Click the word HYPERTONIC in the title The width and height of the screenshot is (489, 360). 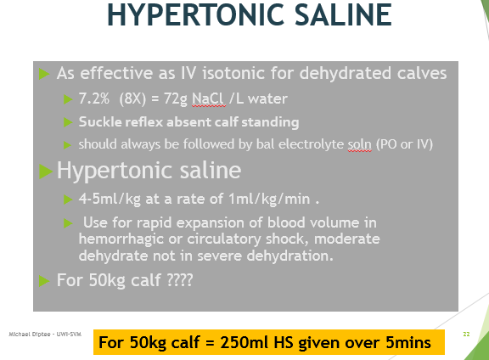[x=195, y=14]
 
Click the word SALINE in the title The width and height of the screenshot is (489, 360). [x=343, y=14]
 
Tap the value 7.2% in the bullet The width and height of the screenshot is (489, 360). [x=94, y=98]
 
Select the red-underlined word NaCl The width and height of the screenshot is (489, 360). [x=209, y=98]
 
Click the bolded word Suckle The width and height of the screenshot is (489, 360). [x=99, y=121]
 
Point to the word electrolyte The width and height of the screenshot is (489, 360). [x=311, y=144]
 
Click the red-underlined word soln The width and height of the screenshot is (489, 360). [x=360, y=144]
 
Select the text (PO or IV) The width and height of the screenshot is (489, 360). [x=404, y=144]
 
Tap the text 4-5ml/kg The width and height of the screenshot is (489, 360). [x=110, y=199]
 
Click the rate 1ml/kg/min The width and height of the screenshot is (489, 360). [x=269, y=199]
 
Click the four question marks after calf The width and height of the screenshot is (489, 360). [x=180, y=279]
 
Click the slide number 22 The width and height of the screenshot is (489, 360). [x=466, y=335]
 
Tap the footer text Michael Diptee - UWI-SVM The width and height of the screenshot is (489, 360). [x=45, y=335]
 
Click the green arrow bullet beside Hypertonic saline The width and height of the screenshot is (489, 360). [x=46, y=172]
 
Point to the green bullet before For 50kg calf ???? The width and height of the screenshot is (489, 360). [x=44, y=280]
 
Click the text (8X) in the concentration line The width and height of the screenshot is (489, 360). [x=132, y=98]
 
